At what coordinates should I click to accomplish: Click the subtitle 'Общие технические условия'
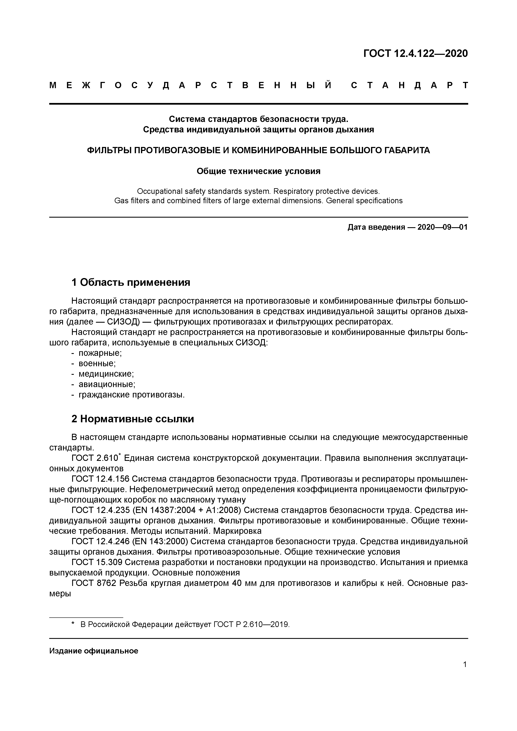pos(258,171)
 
